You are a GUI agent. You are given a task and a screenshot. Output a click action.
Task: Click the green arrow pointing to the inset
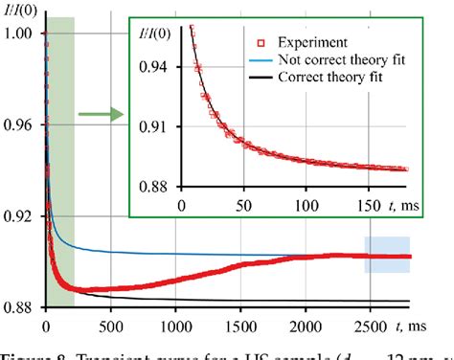[x=101, y=116]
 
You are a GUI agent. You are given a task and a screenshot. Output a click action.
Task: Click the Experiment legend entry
[x=308, y=42]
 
